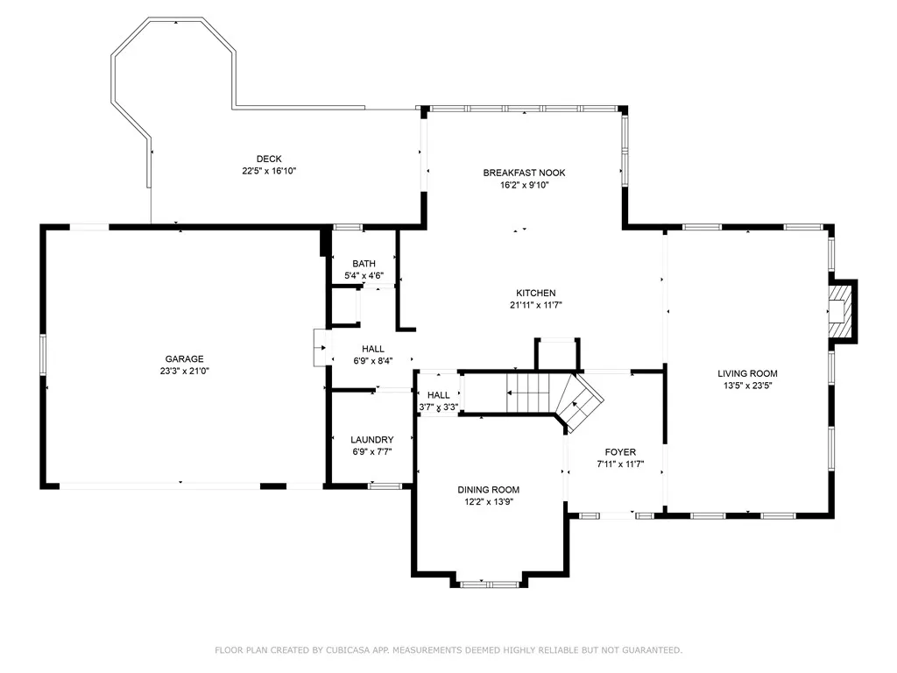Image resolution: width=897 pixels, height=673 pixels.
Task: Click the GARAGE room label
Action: tap(184, 358)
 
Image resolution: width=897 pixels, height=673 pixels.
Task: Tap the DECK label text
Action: tap(269, 159)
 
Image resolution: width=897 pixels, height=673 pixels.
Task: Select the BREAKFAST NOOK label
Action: tap(524, 173)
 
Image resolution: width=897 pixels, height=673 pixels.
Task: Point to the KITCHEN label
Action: tap(536, 293)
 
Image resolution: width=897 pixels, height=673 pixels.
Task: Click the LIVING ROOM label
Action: tap(748, 373)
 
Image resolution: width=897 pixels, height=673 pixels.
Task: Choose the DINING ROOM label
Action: tap(489, 489)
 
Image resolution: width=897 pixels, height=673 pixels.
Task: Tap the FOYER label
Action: tap(621, 451)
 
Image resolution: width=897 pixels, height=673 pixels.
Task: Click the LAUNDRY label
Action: tap(371, 440)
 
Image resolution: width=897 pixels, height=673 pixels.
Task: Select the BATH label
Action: tap(364, 263)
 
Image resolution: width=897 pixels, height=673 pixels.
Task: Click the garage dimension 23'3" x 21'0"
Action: tap(184, 371)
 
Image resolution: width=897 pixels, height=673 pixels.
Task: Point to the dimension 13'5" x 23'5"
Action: tap(748, 386)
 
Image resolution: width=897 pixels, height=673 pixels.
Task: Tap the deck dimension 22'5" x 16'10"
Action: tap(269, 171)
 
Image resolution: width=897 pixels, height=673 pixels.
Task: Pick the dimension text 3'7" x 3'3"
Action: tap(439, 407)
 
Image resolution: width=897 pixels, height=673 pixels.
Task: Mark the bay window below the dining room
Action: tap(489, 583)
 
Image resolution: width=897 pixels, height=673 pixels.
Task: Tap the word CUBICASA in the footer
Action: tap(348, 650)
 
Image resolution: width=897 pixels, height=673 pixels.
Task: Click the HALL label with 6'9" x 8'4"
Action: tap(373, 349)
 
